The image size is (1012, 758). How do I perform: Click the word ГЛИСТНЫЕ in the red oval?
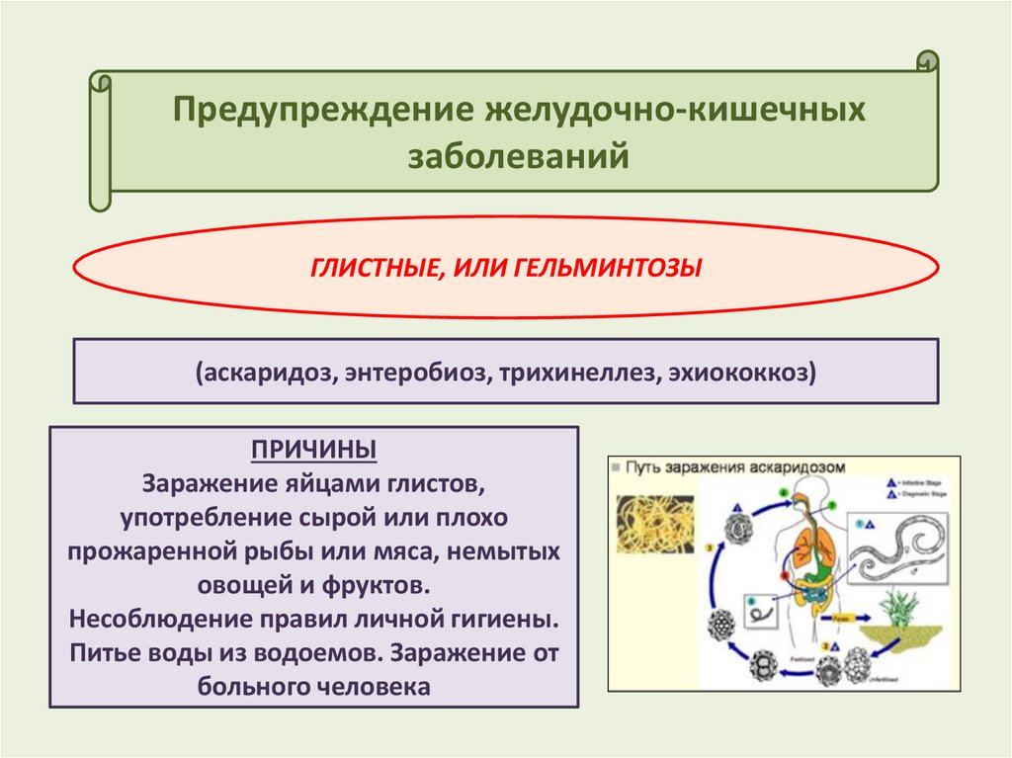[365, 267]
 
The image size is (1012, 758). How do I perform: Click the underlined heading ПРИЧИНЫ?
[313, 451]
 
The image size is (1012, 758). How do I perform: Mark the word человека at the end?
[376, 687]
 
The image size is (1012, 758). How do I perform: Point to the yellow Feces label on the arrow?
[842, 616]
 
